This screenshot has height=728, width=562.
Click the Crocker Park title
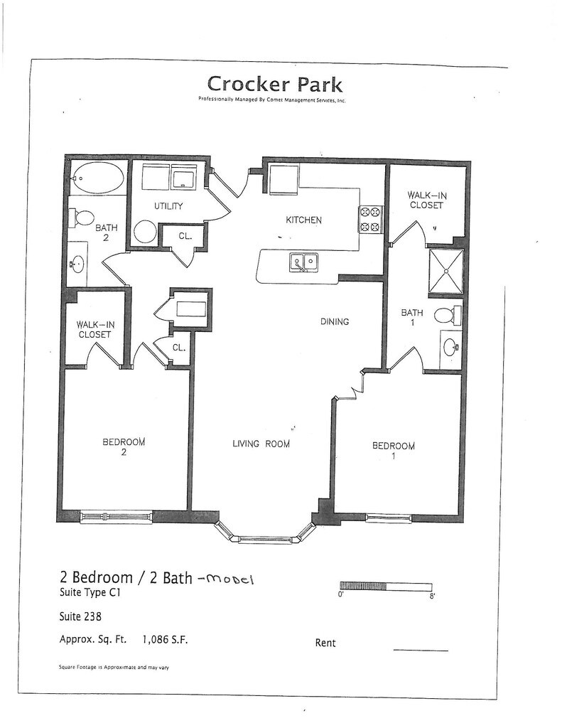[274, 85]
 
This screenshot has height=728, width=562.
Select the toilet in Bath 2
[84, 218]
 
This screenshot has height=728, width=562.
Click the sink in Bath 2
[77, 264]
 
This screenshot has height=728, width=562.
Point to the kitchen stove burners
[370, 219]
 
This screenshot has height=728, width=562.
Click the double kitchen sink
[303, 263]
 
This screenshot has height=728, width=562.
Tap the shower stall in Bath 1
[445, 271]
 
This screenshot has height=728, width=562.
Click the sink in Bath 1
[450, 348]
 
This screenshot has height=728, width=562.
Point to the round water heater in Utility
[144, 232]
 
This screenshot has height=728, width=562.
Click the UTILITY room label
[169, 206]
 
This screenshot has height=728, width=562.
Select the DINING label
[334, 321]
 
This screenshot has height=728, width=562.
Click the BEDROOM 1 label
[393, 451]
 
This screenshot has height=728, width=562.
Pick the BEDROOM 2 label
[124, 446]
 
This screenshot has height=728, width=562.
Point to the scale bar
[386, 587]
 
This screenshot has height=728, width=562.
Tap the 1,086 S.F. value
[166, 639]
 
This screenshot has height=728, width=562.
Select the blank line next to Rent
[421, 649]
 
